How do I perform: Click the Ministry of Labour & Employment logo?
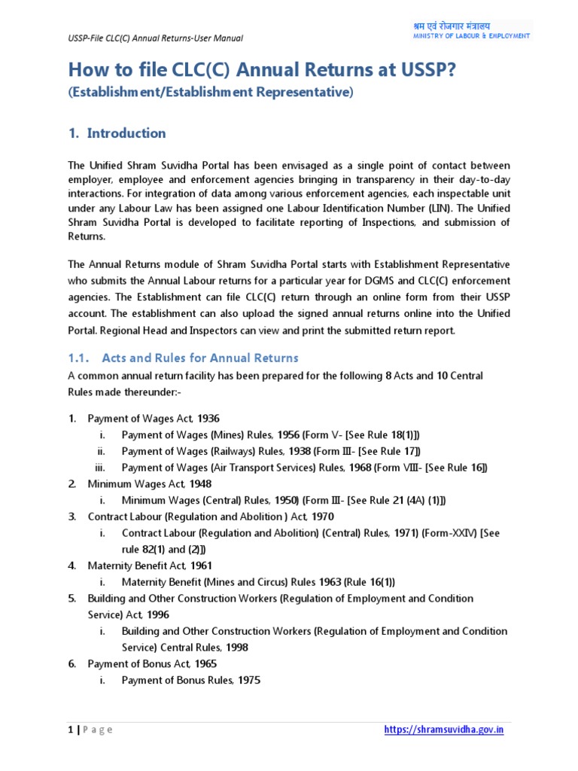click(x=471, y=30)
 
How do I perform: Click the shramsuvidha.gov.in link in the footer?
click(x=443, y=730)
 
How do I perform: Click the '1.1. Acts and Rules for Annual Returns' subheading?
click(x=183, y=358)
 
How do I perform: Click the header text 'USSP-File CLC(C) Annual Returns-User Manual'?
click(x=155, y=38)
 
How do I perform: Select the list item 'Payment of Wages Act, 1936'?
click(x=154, y=419)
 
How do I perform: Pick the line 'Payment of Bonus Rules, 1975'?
click(x=191, y=680)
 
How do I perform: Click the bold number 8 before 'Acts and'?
click(x=388, y=375)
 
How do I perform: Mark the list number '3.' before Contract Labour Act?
click(x=72, y=517)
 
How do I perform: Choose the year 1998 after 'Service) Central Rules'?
click(x=236, y=647)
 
